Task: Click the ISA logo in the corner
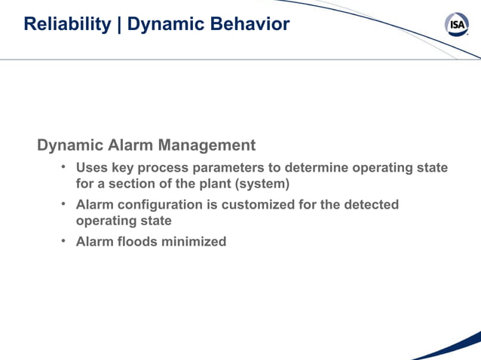tap(457, 25)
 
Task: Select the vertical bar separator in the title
tap(119, 24)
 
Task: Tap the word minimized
tap(195, 242)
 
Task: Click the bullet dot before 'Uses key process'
tap(65, 167)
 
